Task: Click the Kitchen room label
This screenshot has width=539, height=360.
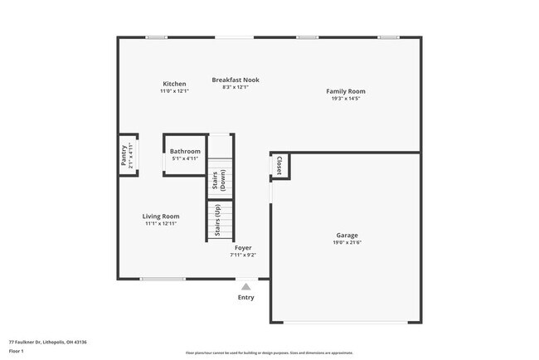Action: (x=174, y=84)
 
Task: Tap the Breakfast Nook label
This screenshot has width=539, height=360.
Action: (x=236, y=80)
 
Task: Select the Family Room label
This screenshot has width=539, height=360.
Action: (x=345, y=91)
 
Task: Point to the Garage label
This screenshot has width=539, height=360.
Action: (x=347, y=235)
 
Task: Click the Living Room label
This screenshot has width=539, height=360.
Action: (x=161, y=216)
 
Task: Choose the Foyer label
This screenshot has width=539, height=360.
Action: (x=243, y=247)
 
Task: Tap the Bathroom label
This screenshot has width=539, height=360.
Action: (x=185, y=151)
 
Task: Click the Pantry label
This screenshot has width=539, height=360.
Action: (x=124, y=156)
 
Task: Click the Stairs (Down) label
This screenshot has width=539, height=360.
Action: (x=219, y=181)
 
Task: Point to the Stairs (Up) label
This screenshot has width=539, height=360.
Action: (x=218, y=222)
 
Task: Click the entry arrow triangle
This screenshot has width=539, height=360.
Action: (x=245, y=286)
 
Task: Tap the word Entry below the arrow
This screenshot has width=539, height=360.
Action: (x=246, y=297)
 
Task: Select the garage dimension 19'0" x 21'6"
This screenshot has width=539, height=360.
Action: (x=347, y=242)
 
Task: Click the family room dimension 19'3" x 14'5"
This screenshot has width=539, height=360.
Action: (x=345, y=99)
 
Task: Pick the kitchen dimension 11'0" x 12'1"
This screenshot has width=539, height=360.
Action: (x=174, y=90)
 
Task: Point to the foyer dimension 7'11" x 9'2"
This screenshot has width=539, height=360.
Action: (x=243, y=255)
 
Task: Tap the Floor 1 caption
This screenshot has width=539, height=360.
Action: (x=17, y=351)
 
